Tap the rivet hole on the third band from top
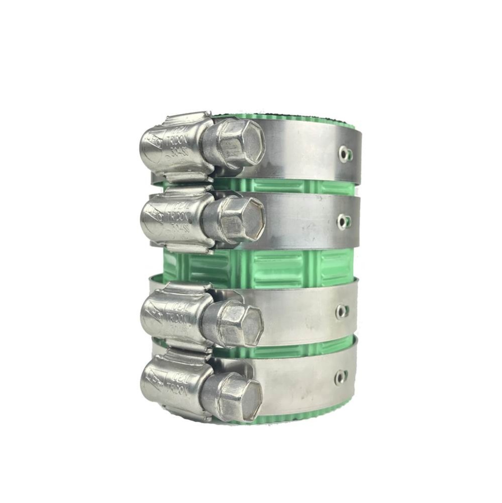[x=342, y=311]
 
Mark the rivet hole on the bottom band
[x=340, y=377]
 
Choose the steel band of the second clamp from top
[x=302, y=221]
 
